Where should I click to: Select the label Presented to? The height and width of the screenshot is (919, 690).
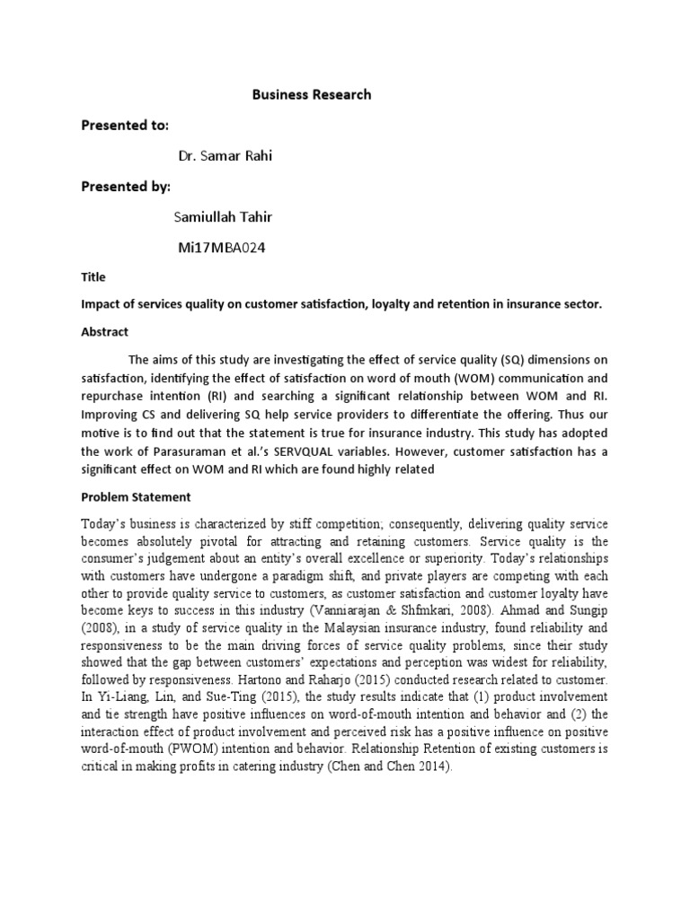125,125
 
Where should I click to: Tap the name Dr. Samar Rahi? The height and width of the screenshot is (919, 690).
225,156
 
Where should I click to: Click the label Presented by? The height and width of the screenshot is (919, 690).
125,187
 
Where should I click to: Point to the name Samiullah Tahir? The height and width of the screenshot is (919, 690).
226,218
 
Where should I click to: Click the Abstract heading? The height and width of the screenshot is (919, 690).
106,331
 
